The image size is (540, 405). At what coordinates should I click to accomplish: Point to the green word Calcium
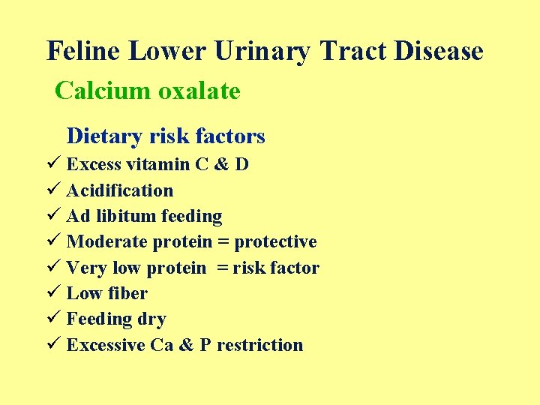click(101, 91)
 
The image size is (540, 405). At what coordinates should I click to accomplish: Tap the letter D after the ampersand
click(241, 164)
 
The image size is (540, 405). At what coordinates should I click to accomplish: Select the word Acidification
click(120, 190)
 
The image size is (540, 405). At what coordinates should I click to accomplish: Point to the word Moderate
click(107, 241)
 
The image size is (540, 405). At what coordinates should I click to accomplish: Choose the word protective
click(275, 241)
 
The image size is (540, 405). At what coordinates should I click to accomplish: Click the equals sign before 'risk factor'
click(223, 268)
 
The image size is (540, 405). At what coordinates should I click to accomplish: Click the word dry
click(151, 319)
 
